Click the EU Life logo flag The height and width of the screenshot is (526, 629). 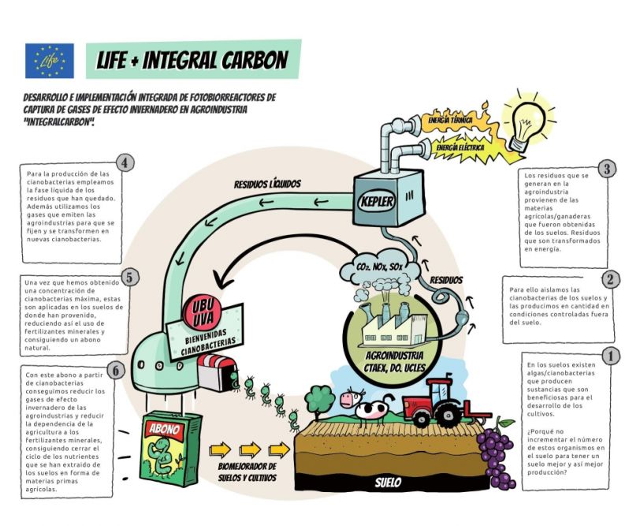tap(49, 61)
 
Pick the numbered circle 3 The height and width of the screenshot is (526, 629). tap(606, 169)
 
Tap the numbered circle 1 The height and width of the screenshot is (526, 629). tap(609, 356)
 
